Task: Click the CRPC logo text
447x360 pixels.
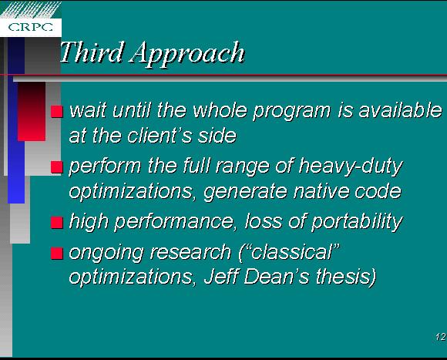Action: point(31,27)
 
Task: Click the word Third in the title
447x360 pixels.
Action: point(92,52)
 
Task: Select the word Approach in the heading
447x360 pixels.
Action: point(187,54)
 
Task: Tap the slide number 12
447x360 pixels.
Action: point(440,337)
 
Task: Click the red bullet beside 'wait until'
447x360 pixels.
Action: point(57,112)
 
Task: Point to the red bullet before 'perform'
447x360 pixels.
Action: point(57,167)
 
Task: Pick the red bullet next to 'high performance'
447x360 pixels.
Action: point(57,223)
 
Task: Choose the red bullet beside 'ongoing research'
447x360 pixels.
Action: point(57,253)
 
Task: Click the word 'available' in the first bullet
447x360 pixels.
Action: point(400,110)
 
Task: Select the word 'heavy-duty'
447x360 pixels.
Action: point(351,167)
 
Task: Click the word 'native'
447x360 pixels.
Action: point(321,191)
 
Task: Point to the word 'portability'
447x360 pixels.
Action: point(357,222)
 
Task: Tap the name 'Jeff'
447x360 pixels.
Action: point(221,277)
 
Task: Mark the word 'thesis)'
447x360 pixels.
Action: point(346,278)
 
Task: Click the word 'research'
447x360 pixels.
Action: point(190,253)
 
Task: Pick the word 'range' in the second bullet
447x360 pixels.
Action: point(243,167)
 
